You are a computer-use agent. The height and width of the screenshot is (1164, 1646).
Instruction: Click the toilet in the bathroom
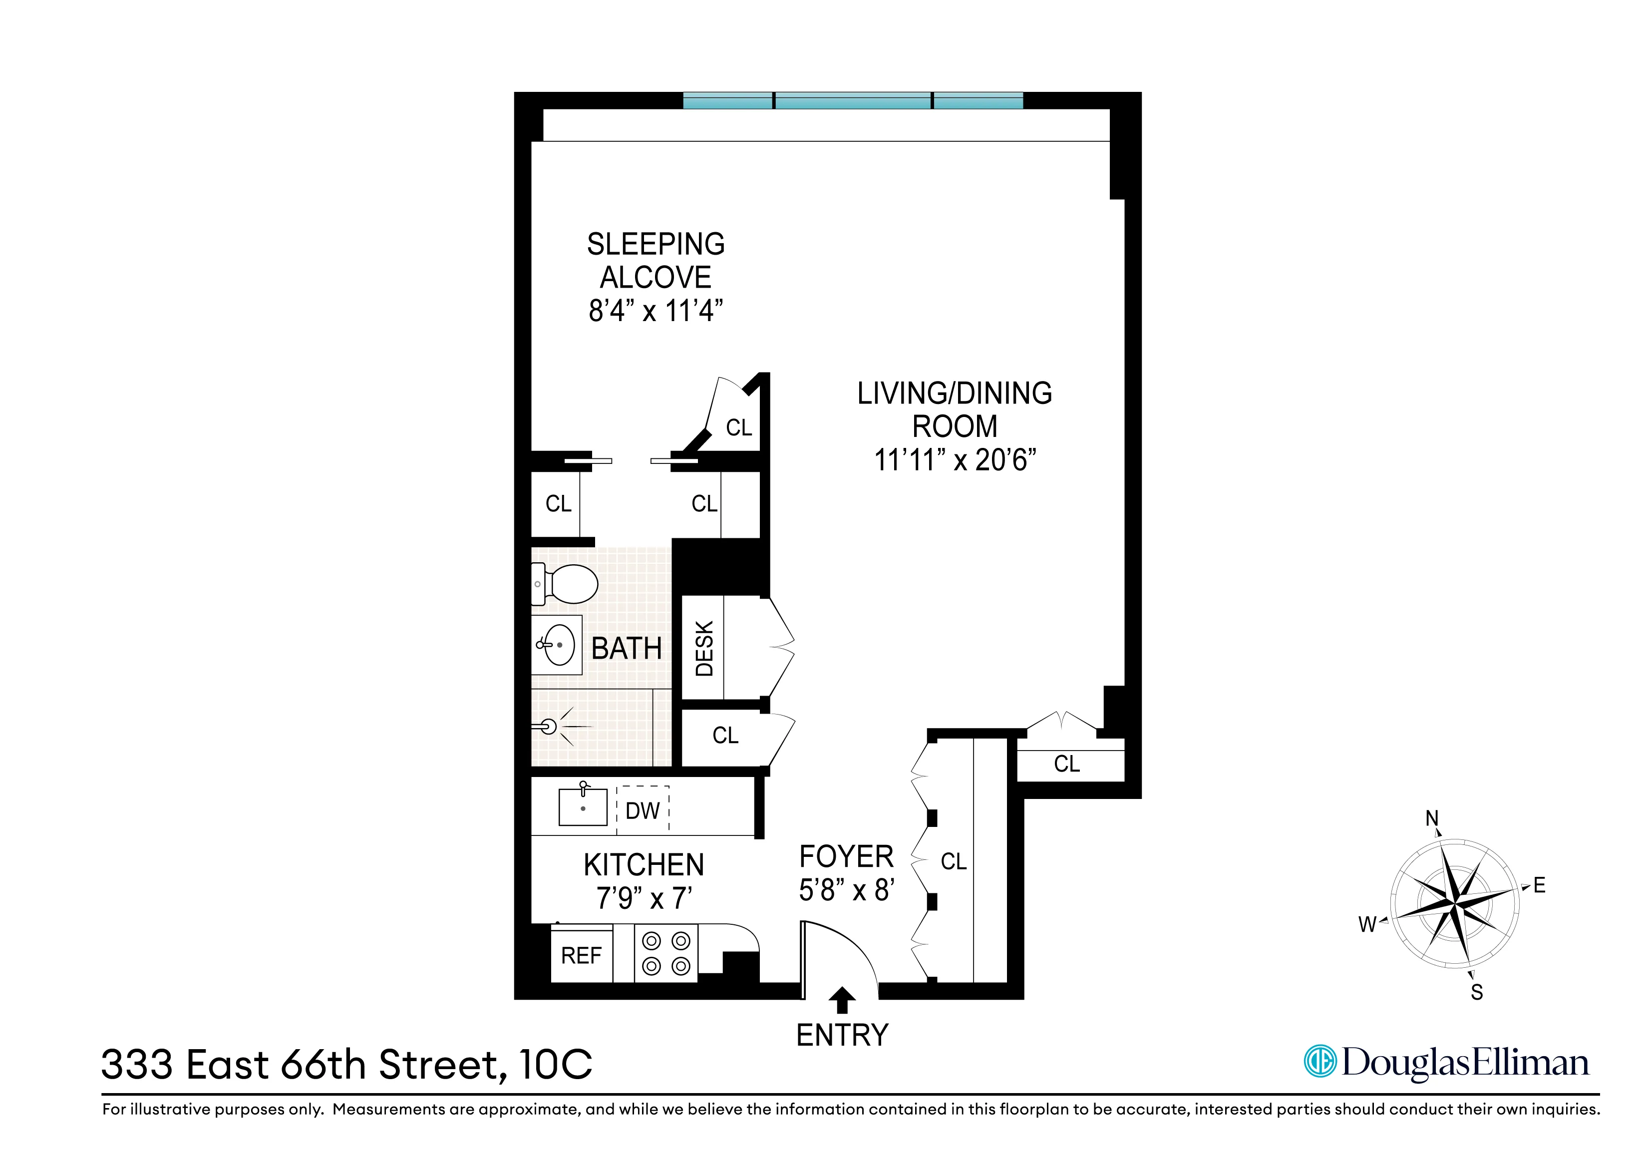[x=566, y=584]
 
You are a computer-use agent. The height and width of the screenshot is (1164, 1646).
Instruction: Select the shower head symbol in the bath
[x=549, y=727]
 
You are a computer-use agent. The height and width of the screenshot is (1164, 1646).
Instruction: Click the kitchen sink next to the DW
[x=582, y=807]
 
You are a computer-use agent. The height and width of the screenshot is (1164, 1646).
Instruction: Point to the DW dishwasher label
[x=643, y=811]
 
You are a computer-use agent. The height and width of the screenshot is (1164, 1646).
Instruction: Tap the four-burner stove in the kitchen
[x=666, y=953]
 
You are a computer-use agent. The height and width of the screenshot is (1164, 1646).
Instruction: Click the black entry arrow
[x=842, y=1000]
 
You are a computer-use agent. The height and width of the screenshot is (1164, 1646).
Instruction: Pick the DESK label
[x=704, y=648]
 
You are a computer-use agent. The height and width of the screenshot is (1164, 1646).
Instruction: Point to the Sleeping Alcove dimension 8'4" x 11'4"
[x=655, y=311]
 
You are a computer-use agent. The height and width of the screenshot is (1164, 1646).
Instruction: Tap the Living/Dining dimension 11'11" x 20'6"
[x=954, y=460]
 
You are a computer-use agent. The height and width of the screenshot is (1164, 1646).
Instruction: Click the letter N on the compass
[x=1432, y=818]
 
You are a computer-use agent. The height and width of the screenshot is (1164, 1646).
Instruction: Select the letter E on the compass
[x=1539, y=886]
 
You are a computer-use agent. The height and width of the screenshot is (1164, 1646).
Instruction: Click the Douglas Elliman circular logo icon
[x=1320, y=1062]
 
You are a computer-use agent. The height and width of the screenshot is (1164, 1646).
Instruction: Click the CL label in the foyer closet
[x=954, y=861]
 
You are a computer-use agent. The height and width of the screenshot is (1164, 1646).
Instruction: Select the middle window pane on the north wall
[x=853, y=101]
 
